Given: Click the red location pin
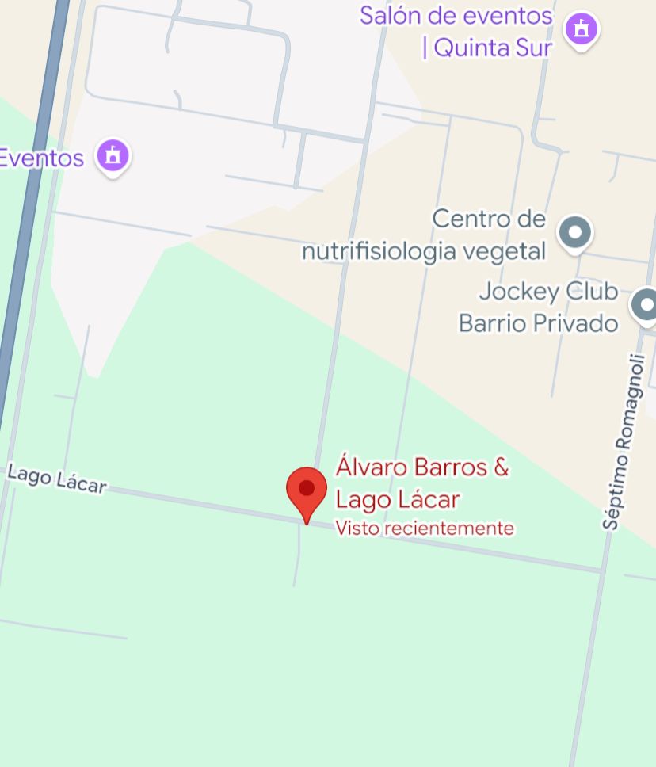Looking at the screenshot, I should (307, 489).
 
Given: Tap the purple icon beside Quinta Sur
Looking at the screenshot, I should (582, 30).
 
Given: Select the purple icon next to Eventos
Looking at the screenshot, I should (113, 155).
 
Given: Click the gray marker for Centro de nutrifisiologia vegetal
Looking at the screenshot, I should (575, 233).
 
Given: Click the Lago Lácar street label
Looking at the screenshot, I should (56, 480).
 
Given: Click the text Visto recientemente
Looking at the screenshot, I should (425, 528).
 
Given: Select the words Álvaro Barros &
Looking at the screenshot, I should (422, 467).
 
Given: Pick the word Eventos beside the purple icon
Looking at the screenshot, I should (41, 158).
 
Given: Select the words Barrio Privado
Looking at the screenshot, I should (538, 323).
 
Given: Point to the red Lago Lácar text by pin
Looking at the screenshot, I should (398, 500).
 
